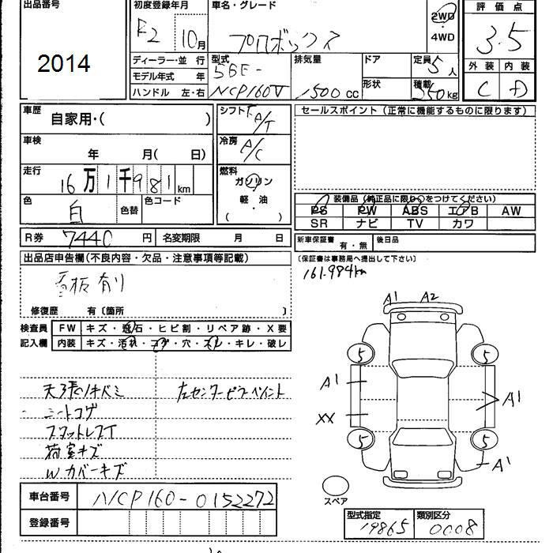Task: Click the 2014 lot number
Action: (63, 64)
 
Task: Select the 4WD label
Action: (442, 36)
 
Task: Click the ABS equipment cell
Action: (416, 211)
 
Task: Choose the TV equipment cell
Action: (416, 224)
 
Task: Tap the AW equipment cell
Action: (510, 211)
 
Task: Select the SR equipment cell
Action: (318, 224)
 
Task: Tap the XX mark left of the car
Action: (325, 418)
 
